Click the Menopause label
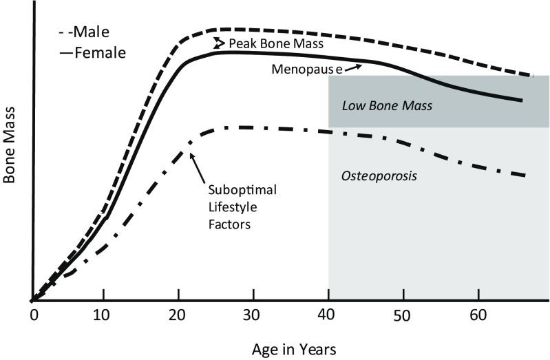click(x=305, y=70)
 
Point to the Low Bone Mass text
click(x=387, y=106)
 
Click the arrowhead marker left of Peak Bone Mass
click(x=219, y=43)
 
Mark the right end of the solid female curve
click(x=521, y=100)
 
